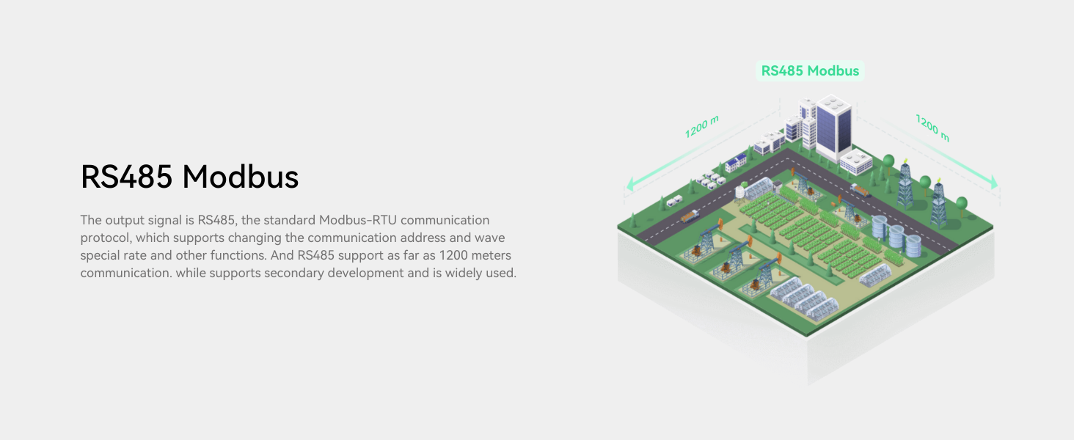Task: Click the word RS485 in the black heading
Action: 126,177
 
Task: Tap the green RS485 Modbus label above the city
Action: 810,71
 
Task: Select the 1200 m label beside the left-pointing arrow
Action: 701,126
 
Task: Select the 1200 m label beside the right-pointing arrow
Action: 932,127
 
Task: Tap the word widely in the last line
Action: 461,273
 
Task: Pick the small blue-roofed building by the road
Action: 737,163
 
